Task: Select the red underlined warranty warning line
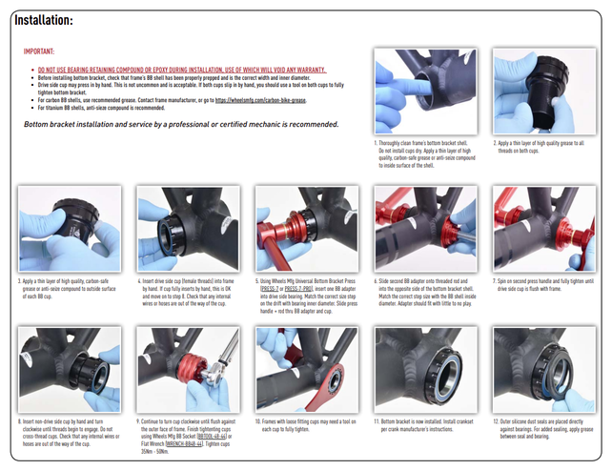(181, 71)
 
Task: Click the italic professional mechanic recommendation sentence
(181, 124)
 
